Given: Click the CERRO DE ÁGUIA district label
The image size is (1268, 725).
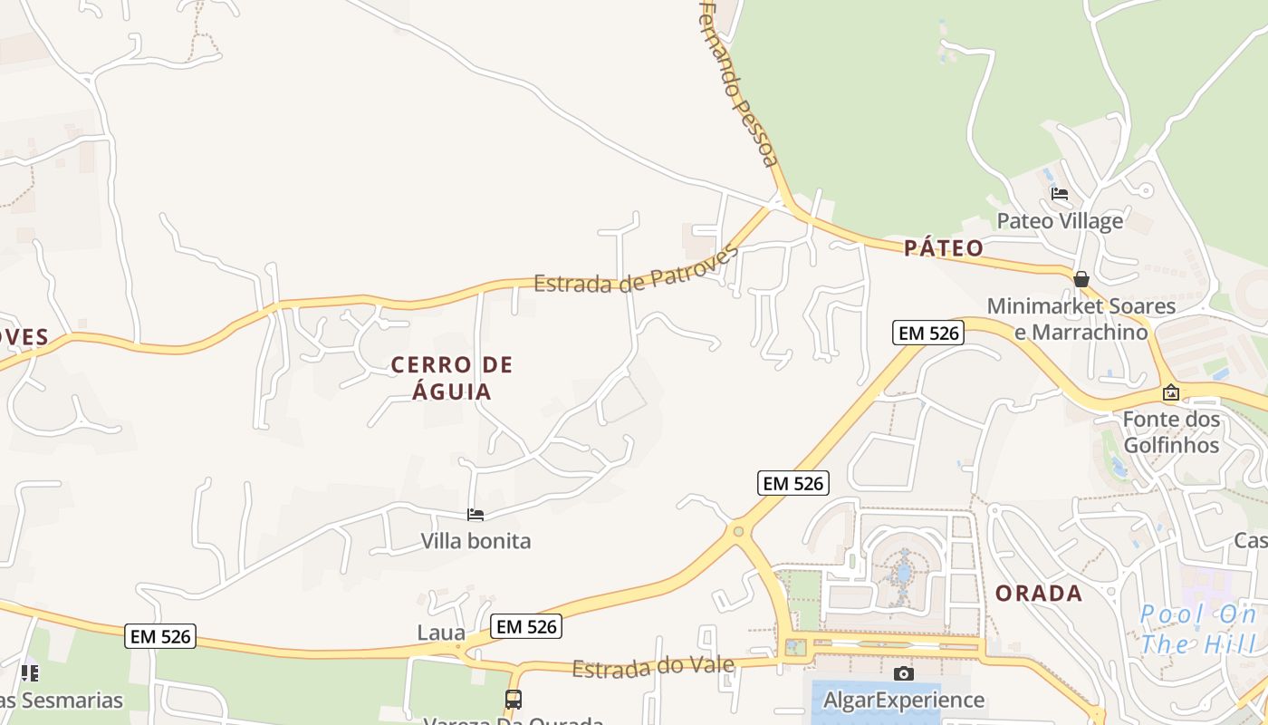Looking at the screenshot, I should (x=452, y=378).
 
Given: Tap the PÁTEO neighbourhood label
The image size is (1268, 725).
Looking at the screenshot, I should (x=943, y=248).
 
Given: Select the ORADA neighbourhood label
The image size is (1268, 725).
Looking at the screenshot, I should (x=1039, y=594).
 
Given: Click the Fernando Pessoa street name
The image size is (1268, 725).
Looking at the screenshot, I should (x=739, y=84).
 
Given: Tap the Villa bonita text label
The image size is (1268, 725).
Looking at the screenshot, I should (x=475, y=541).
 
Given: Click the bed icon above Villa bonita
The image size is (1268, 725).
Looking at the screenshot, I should (x=475, y=516).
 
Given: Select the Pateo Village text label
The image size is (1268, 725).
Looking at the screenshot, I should (x=1060, y=220).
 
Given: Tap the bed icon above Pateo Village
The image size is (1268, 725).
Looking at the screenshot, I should (x=1060, y=194).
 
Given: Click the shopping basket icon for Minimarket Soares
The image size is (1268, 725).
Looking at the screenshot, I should (x=1081, y=279).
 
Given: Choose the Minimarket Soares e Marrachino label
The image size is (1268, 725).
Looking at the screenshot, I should (x=1081, y=319).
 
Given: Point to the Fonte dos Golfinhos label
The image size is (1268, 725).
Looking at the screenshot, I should (x=1171, y=432).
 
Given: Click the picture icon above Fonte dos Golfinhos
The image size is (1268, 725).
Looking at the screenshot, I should (x=1171, y=393).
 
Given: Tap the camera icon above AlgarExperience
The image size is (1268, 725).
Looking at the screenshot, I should (x=903, y=673).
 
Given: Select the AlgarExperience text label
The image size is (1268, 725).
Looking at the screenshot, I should (x=903, y=700).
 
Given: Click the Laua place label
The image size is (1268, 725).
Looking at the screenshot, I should (x=441, y=633).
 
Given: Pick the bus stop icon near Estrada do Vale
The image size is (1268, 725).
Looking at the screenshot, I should (x=514, y=700).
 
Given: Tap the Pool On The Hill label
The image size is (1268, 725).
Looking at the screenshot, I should (x=1198, y=630).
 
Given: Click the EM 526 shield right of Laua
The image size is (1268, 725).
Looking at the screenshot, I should (x=526, y=626).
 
